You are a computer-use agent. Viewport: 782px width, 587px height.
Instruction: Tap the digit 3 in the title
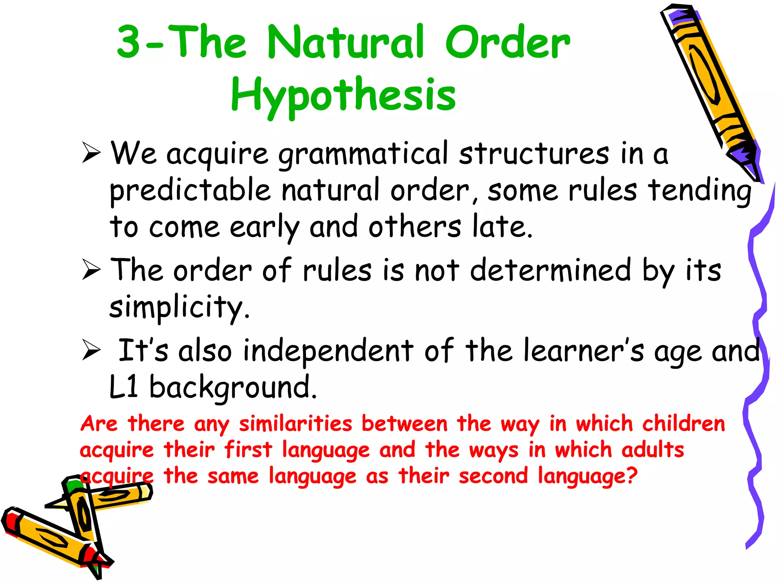(129, 42)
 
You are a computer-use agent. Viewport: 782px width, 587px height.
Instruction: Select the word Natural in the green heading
(346, 42)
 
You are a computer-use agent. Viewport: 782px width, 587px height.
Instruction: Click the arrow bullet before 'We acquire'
(91, 153)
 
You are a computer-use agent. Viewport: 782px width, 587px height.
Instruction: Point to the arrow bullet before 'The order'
(91, 270)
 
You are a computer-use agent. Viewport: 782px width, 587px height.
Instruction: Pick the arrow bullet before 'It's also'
(91, 350)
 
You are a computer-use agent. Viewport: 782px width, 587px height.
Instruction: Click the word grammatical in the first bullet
(363, 154)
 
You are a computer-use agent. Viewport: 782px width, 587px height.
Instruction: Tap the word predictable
(190, 190)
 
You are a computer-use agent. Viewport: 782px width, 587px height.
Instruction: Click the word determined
(550, 270)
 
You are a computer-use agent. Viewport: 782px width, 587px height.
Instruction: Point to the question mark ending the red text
(632, 476)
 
